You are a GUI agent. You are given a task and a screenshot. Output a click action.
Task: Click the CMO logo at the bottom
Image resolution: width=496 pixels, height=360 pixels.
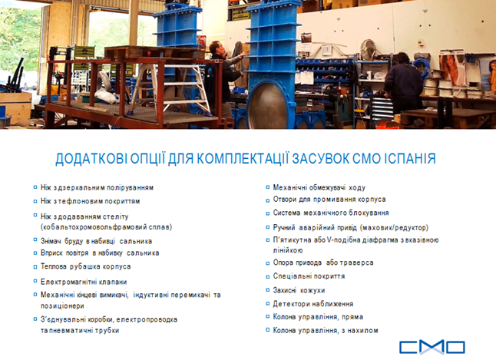pyautogui.click(x=432, y=347)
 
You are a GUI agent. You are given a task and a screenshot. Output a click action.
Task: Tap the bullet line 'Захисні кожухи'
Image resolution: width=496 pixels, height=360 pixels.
pyautogui.click(x=299, y=290)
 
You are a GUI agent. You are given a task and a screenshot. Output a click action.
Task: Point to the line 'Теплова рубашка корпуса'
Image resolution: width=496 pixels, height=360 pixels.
pyautogui.click(x=85, y=266)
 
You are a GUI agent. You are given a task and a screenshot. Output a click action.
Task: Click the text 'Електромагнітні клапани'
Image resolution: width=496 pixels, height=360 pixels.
pyautogui.click(x=84, y=282)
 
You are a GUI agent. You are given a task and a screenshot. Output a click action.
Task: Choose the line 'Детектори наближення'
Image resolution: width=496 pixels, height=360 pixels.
pyautogui.click(x=313, y=304)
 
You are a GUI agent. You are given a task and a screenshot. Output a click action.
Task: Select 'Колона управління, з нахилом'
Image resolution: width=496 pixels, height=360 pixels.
pyautogui.click(x=326, y=330)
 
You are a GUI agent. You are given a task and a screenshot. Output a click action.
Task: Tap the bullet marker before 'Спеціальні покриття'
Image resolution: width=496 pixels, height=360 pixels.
pyautogui.click(x=268, y=276)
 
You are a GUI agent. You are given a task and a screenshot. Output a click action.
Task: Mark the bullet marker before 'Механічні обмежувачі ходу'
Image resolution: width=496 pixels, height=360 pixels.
pyautogui.click(x=268, y=187)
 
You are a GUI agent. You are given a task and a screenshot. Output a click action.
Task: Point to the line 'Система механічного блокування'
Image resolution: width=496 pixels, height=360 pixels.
pyautogui.click(x=331, y=213)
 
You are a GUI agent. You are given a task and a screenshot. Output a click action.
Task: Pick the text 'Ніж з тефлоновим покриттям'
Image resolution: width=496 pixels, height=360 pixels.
pyautogui.click(x=90, y=201)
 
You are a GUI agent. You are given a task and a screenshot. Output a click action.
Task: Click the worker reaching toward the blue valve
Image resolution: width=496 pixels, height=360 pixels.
pyautogui.click(x=223, y=78)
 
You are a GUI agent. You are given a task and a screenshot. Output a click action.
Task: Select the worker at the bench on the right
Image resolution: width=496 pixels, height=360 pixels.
pyautogui.click(x=403, y=83)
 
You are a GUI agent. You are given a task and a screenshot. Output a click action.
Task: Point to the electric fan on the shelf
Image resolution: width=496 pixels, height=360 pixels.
pyautogui.click(x=369, y=49)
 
